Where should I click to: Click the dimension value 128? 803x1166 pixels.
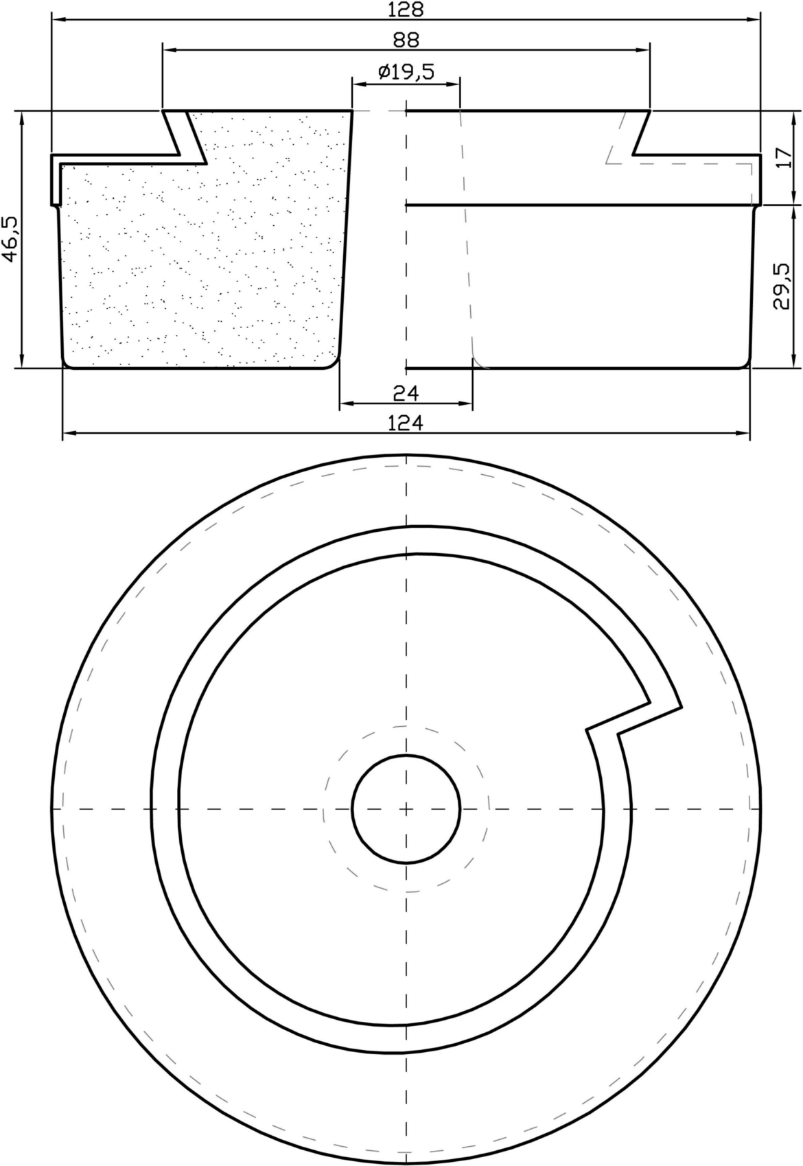406,9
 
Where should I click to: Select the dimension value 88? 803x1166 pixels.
406,40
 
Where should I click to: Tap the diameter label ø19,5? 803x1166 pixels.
406,71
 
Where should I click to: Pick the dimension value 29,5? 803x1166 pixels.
782,286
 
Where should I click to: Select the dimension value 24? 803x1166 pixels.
406,393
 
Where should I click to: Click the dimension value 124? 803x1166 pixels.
406,423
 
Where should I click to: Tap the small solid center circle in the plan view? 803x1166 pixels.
406,809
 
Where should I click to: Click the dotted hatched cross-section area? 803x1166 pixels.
203,260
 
